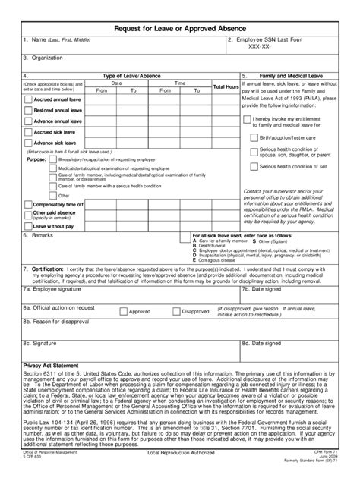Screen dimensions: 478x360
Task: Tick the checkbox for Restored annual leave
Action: pos(28,111)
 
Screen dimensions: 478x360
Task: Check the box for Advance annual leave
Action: pos(28,121)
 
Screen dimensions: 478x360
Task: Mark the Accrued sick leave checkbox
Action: pos(28,132)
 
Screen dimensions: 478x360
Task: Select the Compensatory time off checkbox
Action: pos(28,205)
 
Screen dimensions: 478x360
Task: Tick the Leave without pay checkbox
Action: pos(28,226)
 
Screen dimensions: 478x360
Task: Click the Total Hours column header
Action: pos(226,86)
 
